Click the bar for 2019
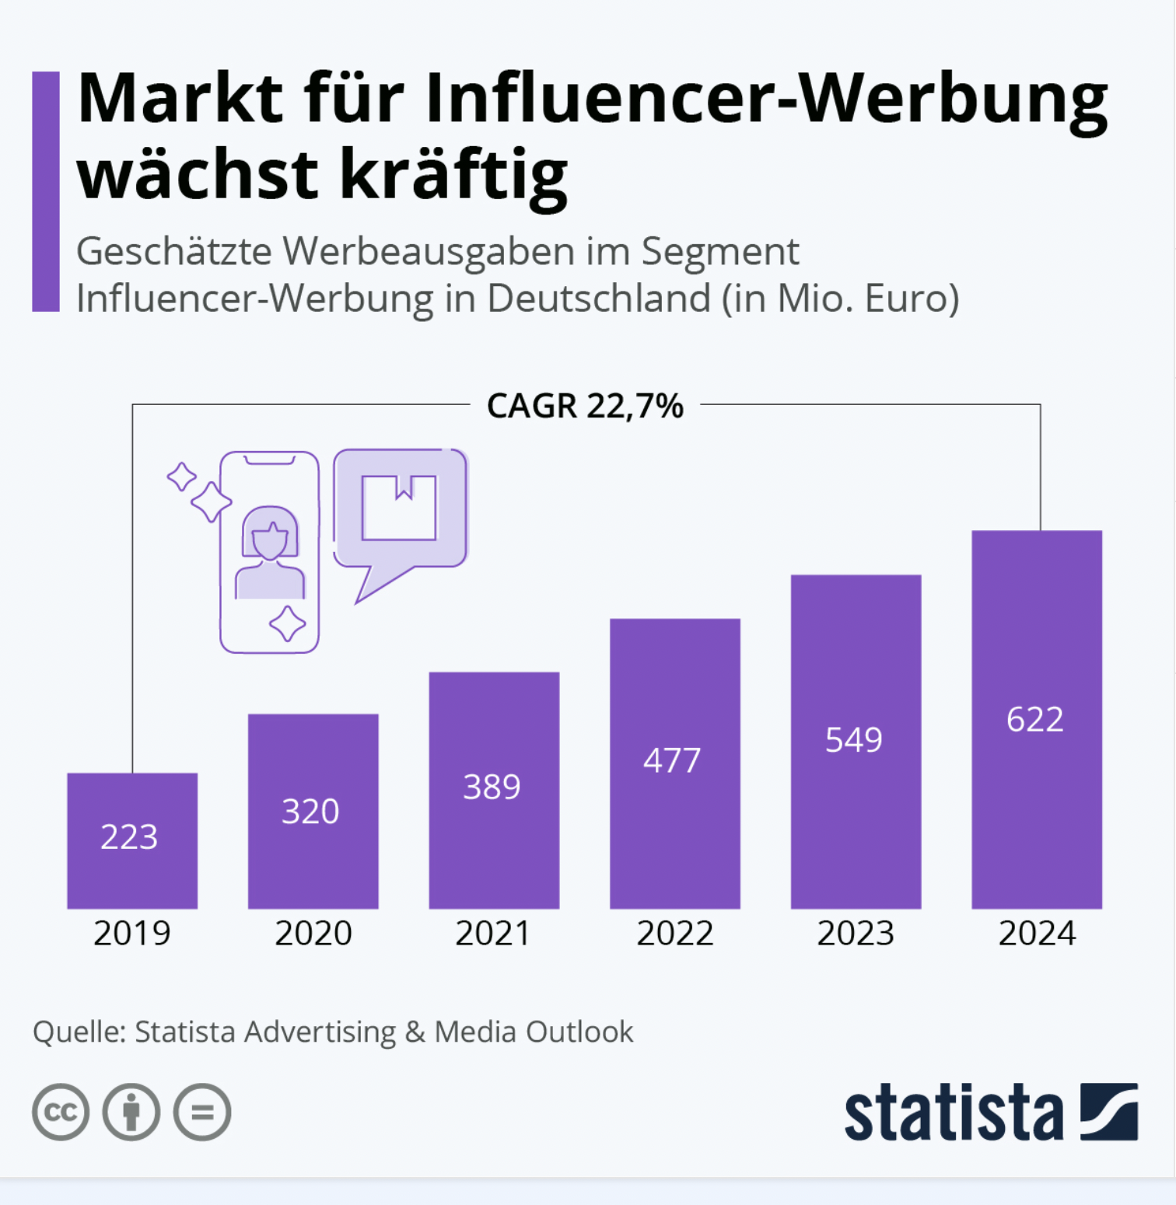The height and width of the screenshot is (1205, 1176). (132, 840)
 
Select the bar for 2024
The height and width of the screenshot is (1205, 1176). (1037, 719)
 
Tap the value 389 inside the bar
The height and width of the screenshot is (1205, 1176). (492, 787)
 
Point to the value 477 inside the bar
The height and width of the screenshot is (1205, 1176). (672, 760)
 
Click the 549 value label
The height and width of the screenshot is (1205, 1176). (854, 739)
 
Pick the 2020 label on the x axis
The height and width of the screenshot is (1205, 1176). (313, 933)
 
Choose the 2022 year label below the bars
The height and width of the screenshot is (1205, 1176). (675, 933)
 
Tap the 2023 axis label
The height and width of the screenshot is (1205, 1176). (856, 933)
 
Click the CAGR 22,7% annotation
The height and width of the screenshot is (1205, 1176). (585, 406)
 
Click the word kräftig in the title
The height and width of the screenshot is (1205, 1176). (454, 174)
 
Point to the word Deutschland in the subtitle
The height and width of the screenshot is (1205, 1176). (599, 298)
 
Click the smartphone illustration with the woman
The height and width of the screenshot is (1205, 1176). (269, 552)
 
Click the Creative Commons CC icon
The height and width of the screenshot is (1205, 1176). (61, 1112)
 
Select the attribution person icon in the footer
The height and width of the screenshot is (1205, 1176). (131, 1112)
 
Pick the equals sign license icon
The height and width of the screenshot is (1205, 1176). (202, 1112)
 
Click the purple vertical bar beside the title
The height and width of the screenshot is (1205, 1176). (46, 191)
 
